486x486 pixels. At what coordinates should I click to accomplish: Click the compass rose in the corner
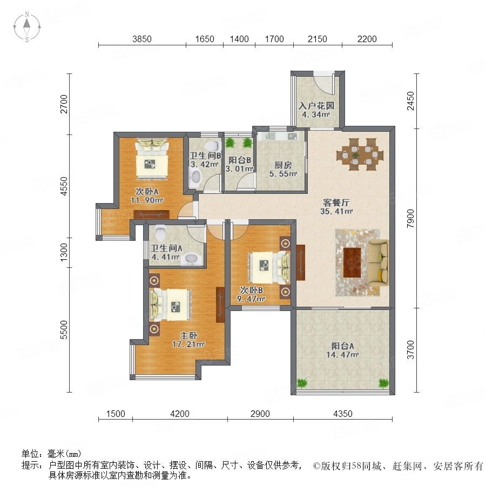(x=27, y=27)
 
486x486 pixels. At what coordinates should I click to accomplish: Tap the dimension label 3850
(x=142, y=39)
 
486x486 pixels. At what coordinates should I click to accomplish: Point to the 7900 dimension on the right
(x=410, y=219)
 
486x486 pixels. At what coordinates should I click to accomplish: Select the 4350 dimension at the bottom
(x=343, y=414)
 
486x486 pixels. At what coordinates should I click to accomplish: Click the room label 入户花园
(x=316, y=106)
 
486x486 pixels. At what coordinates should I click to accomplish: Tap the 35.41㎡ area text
(x=336, y=212)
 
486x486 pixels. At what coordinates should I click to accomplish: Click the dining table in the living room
(x=360, y=154)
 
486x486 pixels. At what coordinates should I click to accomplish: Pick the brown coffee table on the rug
(x=352, y=262)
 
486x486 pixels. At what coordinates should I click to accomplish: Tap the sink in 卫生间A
(x=191, y=259)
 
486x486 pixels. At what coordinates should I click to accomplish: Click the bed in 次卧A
(x=152, y=159)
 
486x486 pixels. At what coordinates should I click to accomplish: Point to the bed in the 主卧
(x=170, y=305)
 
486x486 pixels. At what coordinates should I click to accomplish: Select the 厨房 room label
(x=283, y=165)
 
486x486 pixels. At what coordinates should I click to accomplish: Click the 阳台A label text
(x=342, y=346)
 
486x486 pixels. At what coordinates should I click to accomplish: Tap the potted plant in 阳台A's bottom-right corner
(x=384, y=383)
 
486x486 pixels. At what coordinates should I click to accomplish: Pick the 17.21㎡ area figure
(x=188, y=344)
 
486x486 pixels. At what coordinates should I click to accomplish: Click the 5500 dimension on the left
(x=64, y=330)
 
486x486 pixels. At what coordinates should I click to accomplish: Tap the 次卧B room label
(x=251, y=290)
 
